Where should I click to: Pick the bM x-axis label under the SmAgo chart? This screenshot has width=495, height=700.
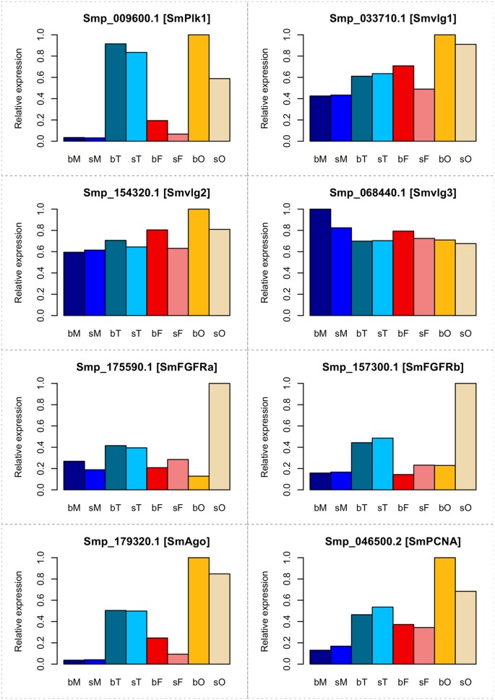pyautogui.click(x=73, y=680)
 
